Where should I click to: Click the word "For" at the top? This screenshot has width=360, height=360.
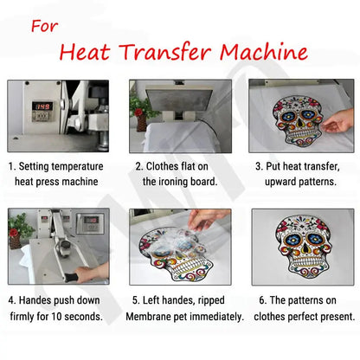pyautogui.click(x=44, y=26)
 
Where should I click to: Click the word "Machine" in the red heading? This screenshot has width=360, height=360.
pyautogui.click(x=264, y=52)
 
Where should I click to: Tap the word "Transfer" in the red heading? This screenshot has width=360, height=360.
pyautogui.click(x=165, y=52)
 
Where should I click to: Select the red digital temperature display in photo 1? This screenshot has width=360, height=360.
pyautogui.click(x=42, y=106)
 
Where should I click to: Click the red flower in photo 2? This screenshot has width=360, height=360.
pyautogui.click(x=138, y=112)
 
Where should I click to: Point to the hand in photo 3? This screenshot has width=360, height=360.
pyautogui.click(x=338, y=121)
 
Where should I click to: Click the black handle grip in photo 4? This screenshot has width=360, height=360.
pyautogui.click(x=71, y=278)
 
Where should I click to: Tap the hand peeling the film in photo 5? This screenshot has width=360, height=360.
pyautogui.click(x=207, y=219)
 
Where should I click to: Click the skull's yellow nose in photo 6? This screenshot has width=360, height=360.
pyautogui.click(x=303, y=249)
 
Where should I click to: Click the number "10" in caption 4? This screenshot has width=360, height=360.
pyautogui.click(x=56, y=317)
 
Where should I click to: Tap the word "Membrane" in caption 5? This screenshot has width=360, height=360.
pyautogui.click(x=148, y=317)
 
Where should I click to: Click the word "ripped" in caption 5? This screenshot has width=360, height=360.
pyautogui.click(x=211, y=300)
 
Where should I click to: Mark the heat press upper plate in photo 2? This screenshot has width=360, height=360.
pyautogui.click(x=180, y=100)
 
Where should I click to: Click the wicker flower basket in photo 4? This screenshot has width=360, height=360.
pyautogui.click(x=16, y=241)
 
